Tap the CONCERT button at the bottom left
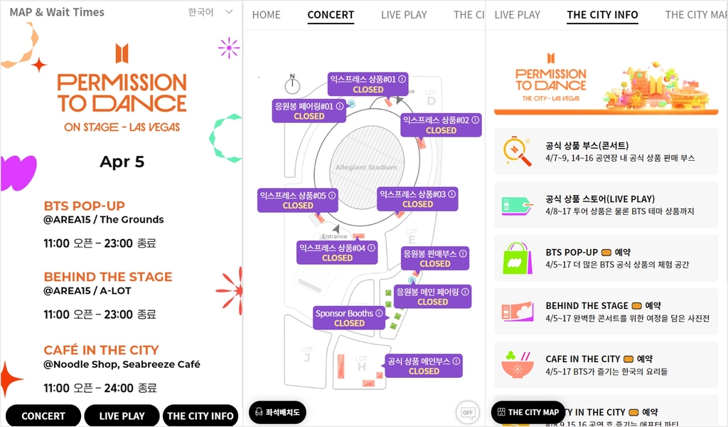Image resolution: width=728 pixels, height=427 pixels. click(43, 416)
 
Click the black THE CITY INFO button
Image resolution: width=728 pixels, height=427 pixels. click(200, 416)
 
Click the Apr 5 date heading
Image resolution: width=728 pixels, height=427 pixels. click(122, 162)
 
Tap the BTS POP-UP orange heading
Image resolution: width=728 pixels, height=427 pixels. click(84, 206)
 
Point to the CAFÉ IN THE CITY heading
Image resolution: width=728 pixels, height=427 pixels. click(101, 349)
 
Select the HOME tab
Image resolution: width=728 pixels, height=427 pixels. click(266, 15)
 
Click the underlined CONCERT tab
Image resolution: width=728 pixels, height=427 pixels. click(331, 15)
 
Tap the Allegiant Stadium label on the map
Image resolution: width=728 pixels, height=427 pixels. click(366, 168)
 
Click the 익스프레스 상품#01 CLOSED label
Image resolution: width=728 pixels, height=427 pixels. click(368, 84)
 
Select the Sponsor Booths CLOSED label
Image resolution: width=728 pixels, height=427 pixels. click(349, 317)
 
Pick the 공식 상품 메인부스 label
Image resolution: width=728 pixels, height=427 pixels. click(424, 366)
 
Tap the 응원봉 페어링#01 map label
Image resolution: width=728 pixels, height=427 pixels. click(309, 111)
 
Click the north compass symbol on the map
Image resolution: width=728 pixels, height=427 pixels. click(292, 85)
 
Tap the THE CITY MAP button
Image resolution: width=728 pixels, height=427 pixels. click(528, 412)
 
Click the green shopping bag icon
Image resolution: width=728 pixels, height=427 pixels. click(518, 258)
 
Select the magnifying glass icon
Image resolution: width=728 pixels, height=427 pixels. click(518, 151)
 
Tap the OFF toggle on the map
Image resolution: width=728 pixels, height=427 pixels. click(467, 412)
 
